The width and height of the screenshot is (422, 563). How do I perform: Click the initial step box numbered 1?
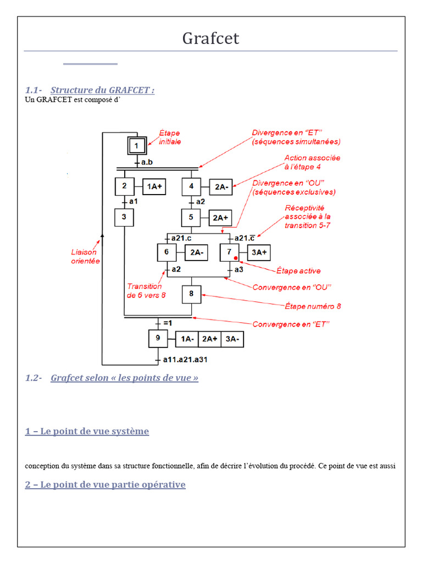tap(137, 146)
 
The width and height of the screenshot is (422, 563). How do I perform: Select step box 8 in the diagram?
tap(191, 295)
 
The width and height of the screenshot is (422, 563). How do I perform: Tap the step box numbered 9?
tap(158, 338)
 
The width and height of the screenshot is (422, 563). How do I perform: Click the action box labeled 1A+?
tap(154, 186)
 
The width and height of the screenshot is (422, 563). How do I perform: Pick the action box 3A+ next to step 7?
tap(259, 252)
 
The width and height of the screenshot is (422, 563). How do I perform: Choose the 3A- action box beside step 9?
tap(232, 339)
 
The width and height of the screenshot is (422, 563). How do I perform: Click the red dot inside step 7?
tap(236, 258)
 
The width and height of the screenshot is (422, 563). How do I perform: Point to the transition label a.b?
tap(147, 162)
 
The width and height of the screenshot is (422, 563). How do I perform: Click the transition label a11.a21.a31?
tap(185, 360)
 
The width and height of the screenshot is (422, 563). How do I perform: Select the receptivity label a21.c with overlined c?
tap(245, 238)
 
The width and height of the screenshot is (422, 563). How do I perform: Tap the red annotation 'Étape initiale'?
tap(170, 137)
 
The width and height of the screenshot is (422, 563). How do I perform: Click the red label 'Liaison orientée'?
tap(85, 256)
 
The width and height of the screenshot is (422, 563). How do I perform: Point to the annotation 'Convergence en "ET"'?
tap(291, 324)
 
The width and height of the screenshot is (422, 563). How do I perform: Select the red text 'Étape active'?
tap(298, 271)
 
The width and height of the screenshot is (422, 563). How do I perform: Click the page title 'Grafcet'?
tap(210, 38)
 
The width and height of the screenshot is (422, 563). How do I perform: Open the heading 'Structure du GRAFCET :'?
tap(103, 90)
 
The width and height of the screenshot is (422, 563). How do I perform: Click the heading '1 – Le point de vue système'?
tap(87, 431)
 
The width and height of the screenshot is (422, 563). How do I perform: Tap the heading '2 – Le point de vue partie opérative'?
tap(105, 484)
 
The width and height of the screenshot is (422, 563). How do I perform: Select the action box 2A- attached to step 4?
tap(221, 187)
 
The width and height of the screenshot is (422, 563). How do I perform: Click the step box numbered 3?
tap(124, 217)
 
